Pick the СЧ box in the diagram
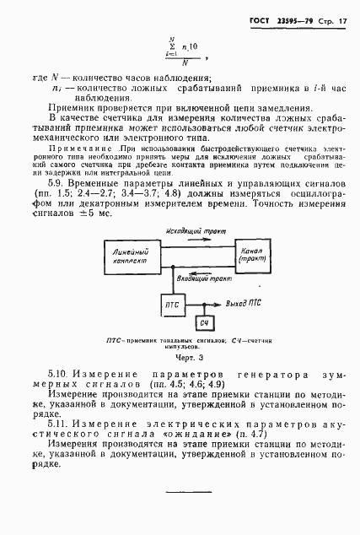point(201,324)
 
